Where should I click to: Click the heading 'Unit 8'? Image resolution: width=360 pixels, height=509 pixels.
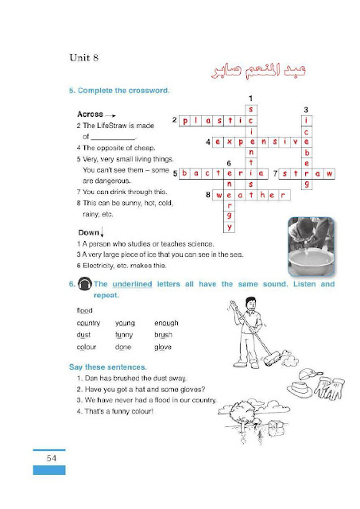[83, 58]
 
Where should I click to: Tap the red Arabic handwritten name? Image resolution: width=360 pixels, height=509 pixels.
[258, 70]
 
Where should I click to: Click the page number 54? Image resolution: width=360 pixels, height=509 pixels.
[51, 458]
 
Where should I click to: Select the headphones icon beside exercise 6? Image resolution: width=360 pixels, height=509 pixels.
[85, 285]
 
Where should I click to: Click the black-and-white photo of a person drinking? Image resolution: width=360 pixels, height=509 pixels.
[311, 247]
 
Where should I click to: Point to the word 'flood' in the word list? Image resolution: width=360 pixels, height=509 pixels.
[85, 311]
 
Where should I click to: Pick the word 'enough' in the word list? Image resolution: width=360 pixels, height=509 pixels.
[166, 324]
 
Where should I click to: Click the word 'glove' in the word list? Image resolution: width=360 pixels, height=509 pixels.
[163, 348]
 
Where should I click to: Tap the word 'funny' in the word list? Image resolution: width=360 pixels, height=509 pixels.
[124, 335]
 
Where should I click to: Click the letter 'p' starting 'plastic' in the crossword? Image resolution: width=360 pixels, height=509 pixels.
[185, 121]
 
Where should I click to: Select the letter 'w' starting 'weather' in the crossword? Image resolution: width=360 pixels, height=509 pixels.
[219, 196]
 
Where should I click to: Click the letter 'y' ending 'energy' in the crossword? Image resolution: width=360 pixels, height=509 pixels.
[230, 227]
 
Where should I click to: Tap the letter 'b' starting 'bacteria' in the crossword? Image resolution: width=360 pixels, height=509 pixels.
[184, 173]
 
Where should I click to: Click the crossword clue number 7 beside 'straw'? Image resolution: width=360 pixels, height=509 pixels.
[275, 173]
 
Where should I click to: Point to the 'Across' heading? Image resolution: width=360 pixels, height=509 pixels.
[90, 115]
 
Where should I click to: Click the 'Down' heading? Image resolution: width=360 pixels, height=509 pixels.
[88, 232]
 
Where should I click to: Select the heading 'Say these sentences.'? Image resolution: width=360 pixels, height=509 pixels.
[108, 367]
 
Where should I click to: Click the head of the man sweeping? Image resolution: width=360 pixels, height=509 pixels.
[250, 303]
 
